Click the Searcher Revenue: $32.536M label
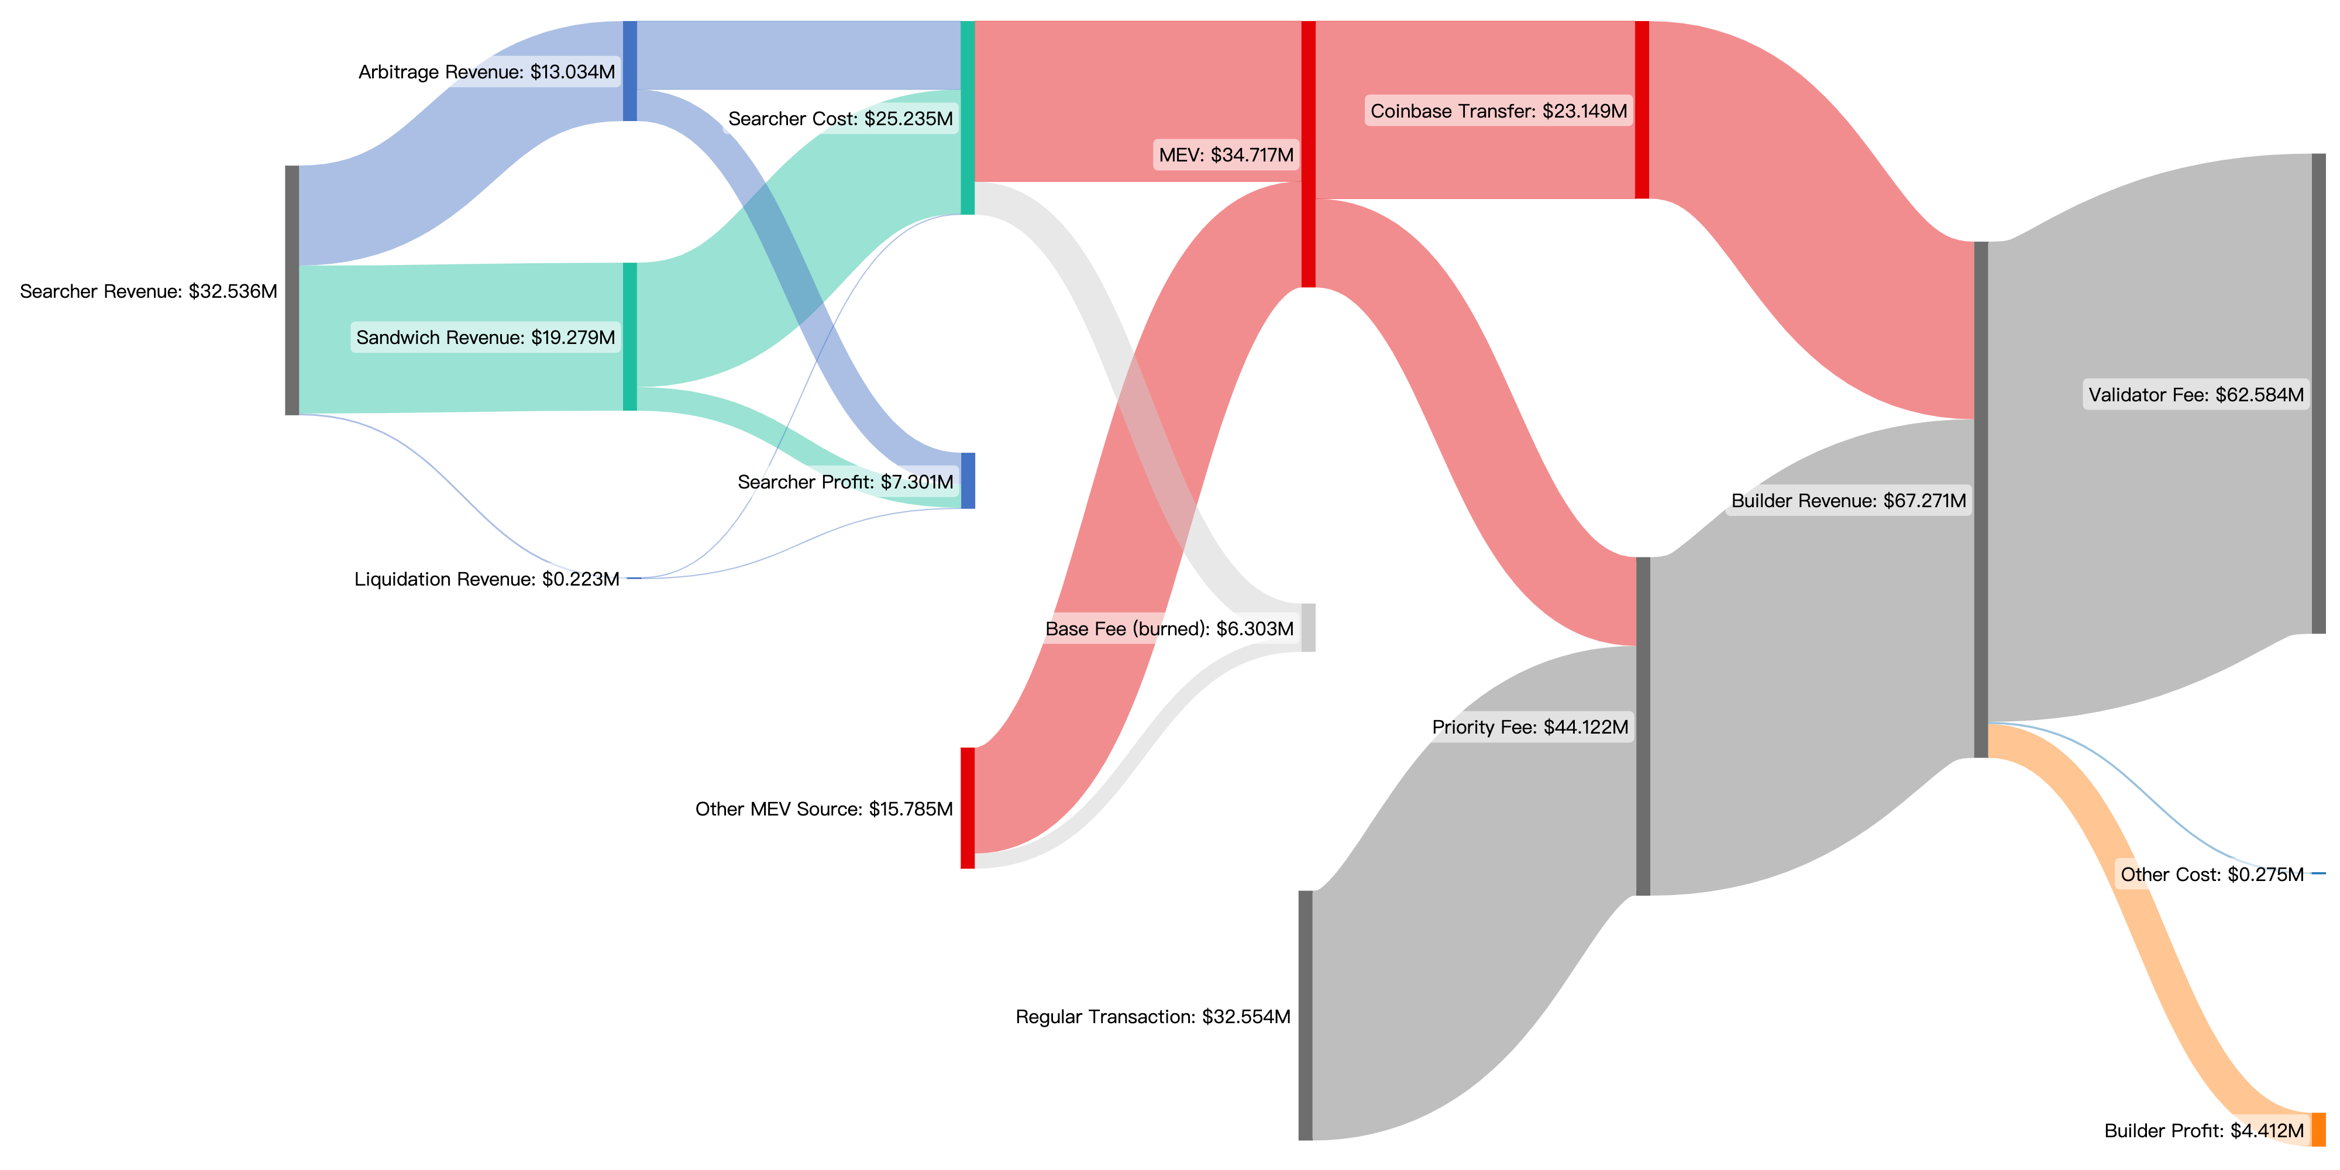tap(148, 291)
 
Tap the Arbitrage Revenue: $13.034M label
tap(487, 72)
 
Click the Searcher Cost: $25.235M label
tap(840, 119)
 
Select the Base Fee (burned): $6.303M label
tap(1169, 629)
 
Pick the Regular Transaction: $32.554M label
tap(1152, 1017)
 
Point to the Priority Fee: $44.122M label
tap(1530, 727)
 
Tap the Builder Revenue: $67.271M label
tap(1849, 501)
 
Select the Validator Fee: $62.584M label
tap(2196, 395)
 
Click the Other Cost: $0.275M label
tap(2212, 875)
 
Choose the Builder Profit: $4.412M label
tap(2204, 1131)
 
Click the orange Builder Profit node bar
tap(2318, 1129)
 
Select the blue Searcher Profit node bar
tap(968, 480)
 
